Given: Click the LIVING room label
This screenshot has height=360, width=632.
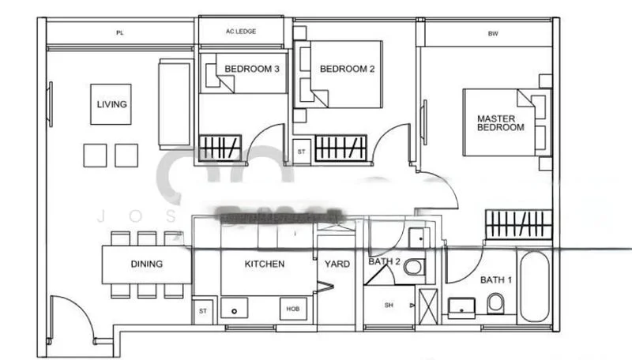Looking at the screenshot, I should (111, 104).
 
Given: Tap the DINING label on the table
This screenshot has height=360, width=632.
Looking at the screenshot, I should (146, 264).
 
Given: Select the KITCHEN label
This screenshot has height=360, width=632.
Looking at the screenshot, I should (264, 264).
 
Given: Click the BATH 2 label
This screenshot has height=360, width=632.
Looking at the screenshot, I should (385, 261).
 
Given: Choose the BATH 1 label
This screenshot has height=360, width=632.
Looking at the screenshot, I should (496, 279).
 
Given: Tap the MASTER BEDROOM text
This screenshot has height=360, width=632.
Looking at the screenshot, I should (500, 123).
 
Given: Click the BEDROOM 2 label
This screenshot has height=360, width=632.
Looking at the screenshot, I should (347, 69).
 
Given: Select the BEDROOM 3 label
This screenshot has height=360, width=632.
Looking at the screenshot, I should (252, 69).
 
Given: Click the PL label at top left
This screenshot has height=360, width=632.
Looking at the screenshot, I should (120, 33).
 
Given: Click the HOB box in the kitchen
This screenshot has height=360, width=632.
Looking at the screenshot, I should (292, 309).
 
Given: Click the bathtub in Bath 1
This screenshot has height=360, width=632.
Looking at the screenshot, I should (536, 287).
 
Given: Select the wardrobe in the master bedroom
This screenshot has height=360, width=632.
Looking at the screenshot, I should (517, 224).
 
